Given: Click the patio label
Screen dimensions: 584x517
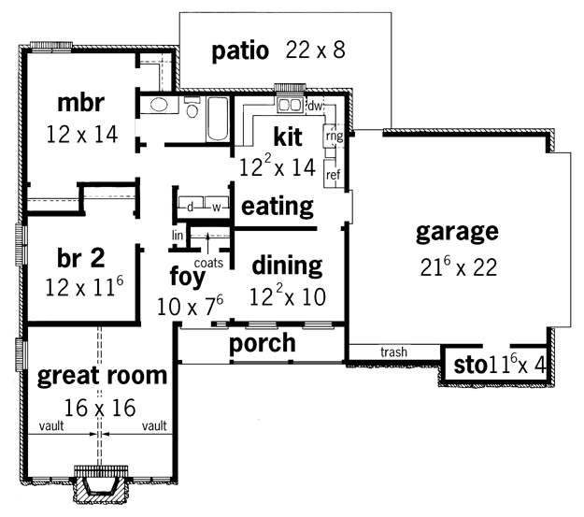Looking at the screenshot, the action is click(240, 51).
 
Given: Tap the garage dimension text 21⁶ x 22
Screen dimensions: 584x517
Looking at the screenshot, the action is click(459, 266).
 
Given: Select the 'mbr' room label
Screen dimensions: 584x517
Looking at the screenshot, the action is click(80, 103).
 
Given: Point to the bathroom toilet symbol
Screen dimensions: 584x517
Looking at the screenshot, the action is click(192, 107).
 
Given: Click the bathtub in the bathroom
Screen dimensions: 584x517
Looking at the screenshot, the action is click(218, 119).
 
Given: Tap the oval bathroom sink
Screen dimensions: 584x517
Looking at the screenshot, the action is click(160, 105).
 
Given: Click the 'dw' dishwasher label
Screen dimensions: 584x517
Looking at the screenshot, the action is click(315, 107).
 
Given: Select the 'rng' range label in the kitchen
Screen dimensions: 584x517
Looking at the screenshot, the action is click(335, 136).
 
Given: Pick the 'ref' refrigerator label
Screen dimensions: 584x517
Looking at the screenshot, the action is click(333, 175).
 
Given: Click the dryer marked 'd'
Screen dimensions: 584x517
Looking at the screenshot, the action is click(191, 207).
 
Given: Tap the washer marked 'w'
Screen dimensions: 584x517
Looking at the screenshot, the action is click(217, 207).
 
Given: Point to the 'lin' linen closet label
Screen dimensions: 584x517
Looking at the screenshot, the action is click(178, 236).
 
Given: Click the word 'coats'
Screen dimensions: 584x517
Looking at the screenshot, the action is click(208, 263).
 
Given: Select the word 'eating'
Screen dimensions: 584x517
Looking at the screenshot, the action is click(278, 206).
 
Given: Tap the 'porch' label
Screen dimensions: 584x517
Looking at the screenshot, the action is click(263, 344).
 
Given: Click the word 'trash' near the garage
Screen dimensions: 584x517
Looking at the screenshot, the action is click(393, 352).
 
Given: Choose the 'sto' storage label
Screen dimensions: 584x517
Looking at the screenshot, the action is click(470, 366).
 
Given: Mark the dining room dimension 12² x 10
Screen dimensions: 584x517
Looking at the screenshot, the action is click(287, 296).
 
